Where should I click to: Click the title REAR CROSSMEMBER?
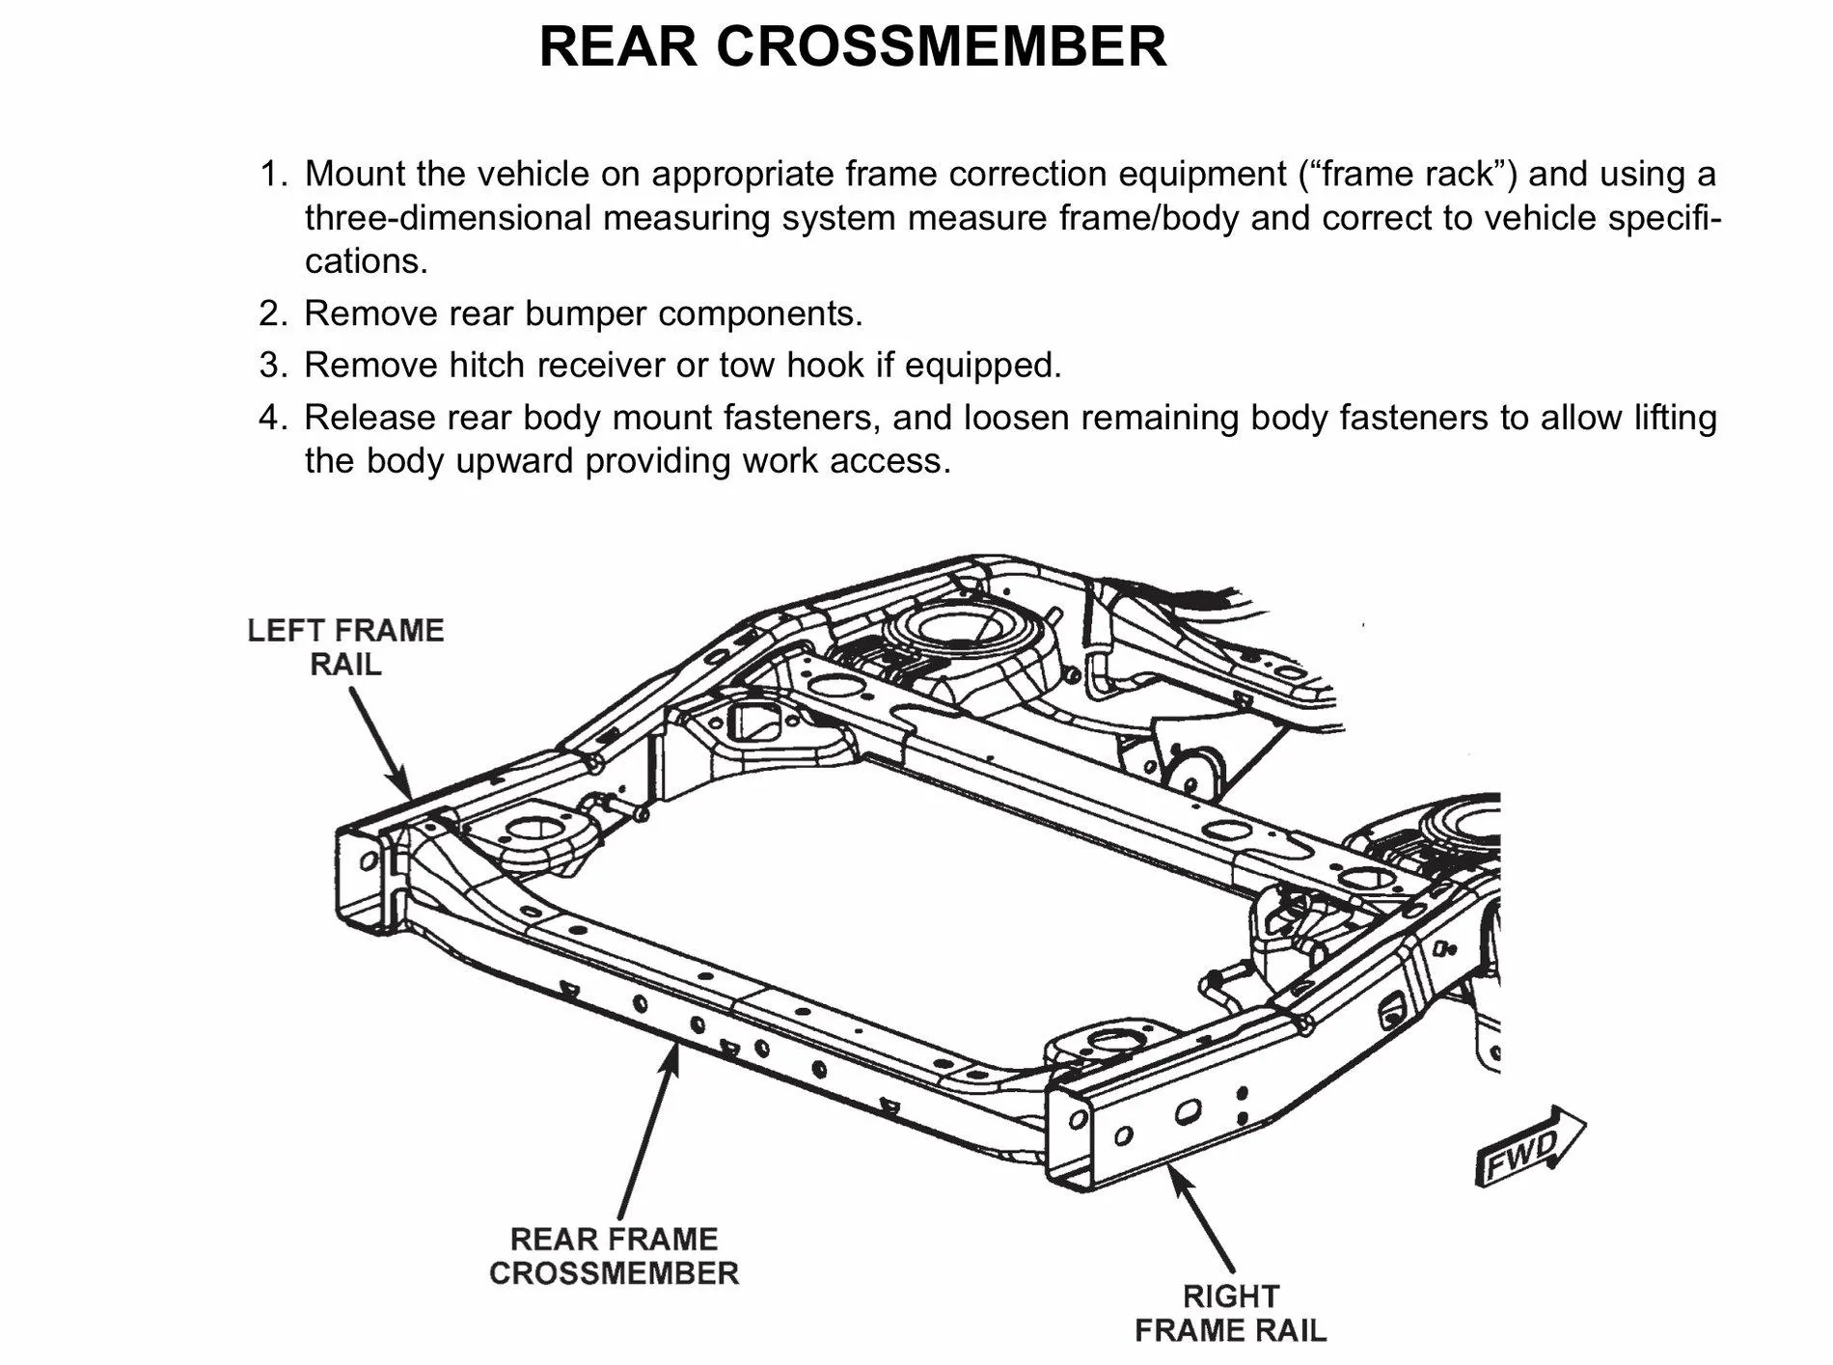click(853, 45)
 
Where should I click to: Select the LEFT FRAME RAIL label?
click(345, 647)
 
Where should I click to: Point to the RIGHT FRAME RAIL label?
click(1230, 1312)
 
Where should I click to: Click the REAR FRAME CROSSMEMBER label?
click(614, 1255)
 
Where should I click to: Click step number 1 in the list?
click(273, 175)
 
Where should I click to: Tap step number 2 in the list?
click(273, 314)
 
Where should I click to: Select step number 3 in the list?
click(273, 366)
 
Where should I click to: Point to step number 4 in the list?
click(273, 418)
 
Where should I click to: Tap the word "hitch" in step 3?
click(487, 366)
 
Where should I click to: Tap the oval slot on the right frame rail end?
click(1187, 1113)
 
